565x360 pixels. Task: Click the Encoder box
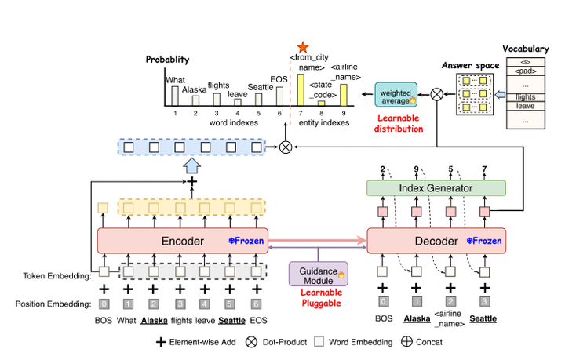[180, 240]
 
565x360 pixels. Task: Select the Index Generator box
[436, 187]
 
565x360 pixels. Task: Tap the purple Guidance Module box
[319, 273]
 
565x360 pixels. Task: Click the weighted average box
[396, 94]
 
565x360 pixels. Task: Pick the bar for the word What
[175, 95]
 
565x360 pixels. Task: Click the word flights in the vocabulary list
[526, 96]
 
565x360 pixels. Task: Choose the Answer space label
[459, 65]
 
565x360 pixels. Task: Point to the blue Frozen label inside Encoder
[246, 240]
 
